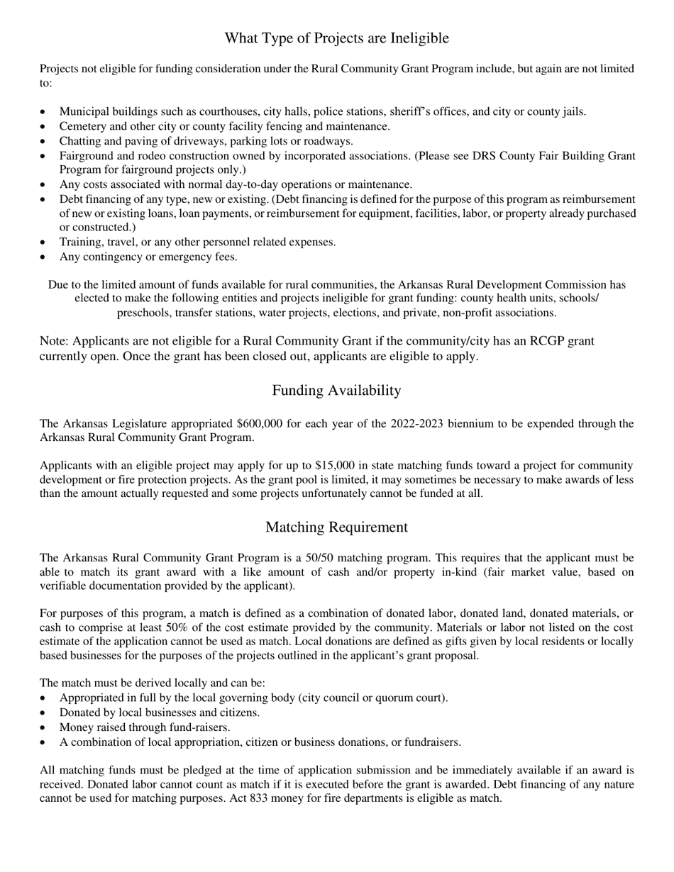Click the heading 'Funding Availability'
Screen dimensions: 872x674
click(336, 391)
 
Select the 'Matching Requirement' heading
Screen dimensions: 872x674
click(336, 527)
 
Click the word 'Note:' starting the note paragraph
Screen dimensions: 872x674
click(55, 341)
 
